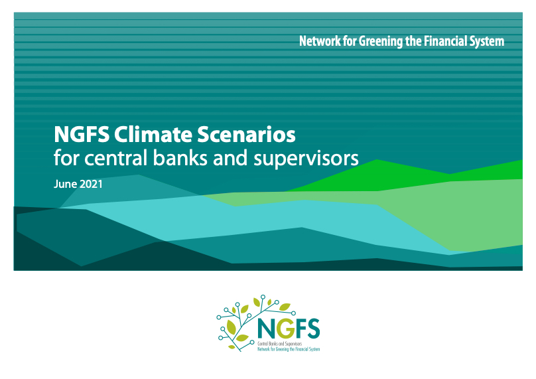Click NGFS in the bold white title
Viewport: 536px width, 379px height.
pos(82,135)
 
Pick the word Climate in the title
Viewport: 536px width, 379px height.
pos(153,135)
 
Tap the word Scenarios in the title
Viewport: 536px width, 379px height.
pos(246,135)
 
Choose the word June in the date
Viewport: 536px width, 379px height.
pos(65,184)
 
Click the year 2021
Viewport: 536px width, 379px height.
pos(91,184)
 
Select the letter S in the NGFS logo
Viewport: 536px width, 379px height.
pos(314,329)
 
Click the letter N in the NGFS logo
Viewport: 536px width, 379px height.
pos(267,329)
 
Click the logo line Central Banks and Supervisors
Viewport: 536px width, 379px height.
pos(280,344)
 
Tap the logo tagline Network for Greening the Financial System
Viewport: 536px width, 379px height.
pos(289,349)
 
